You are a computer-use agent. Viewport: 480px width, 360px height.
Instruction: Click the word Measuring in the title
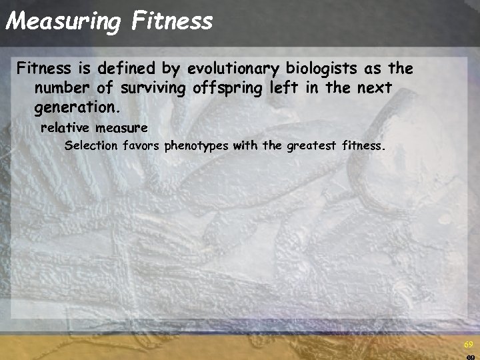pyautogui.click(x=63, y=21)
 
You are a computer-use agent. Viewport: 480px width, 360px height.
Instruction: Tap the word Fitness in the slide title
pyautogui.click(x=172, y=21)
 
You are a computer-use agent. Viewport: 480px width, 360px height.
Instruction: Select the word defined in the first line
pyautogui.click(x=121, y=68)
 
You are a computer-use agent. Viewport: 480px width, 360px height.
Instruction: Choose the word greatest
pyautogui.click(x=311, y=145)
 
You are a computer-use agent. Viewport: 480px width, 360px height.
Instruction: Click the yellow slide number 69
pyautogui.click(x=468, y=344)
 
